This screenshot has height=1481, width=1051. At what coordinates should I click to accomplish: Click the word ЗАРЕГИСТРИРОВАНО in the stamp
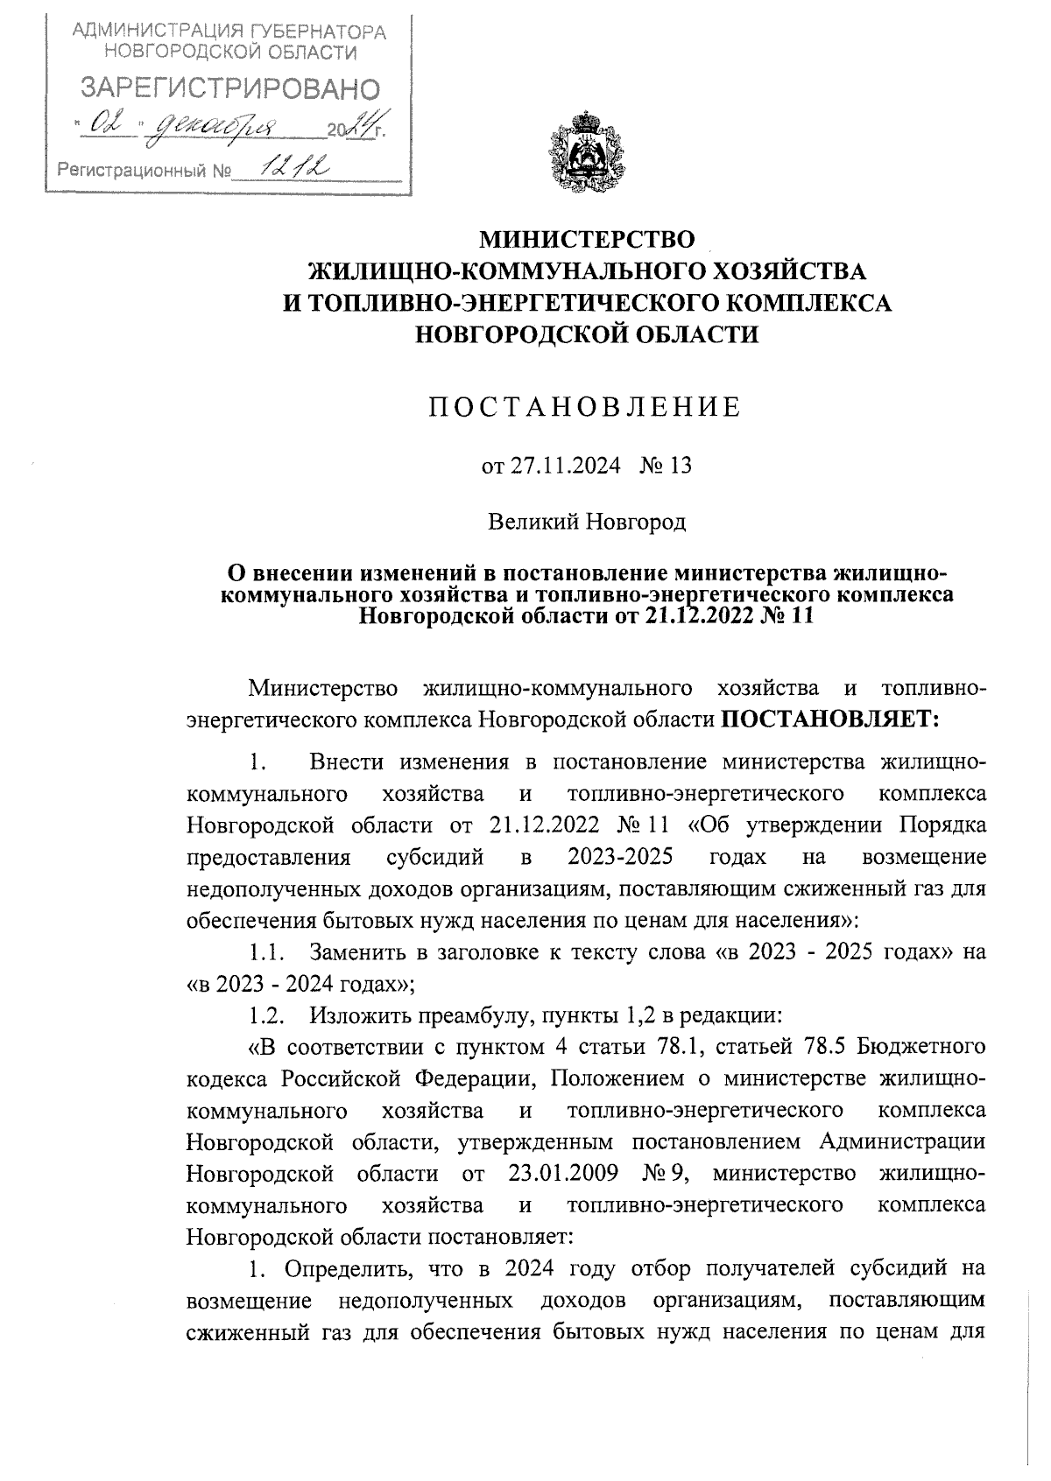coord(231,88)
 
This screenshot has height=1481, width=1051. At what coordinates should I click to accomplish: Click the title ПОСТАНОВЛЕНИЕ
coord(585,407)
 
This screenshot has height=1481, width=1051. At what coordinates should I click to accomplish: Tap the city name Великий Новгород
coord(586,523)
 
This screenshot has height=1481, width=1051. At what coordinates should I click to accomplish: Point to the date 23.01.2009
coord(563,1173)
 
